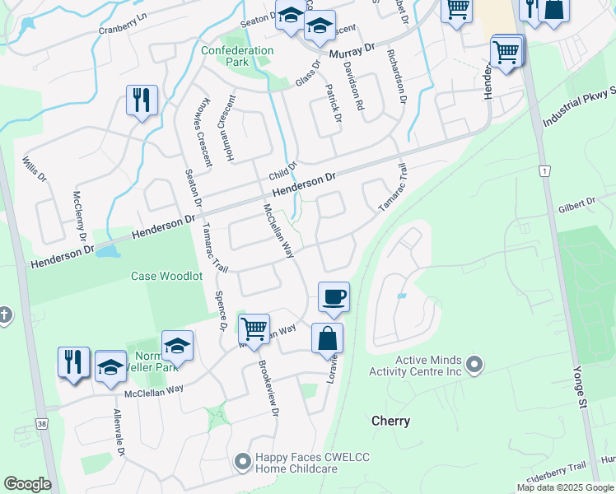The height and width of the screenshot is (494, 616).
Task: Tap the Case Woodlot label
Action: pos(166,277)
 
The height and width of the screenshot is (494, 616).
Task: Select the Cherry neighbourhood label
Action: pos(390,421)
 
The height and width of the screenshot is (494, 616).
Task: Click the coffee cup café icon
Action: pos(334,296)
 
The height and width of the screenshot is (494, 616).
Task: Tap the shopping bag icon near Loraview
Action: pos(327,338)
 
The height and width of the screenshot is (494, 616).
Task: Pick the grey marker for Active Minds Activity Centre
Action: pos(474,363)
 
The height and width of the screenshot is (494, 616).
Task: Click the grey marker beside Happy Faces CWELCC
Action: pos(242,463)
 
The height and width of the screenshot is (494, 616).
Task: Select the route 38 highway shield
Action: pos(40,423)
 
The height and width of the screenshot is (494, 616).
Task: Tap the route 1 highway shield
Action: pos(544,170)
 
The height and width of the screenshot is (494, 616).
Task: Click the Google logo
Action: pos(27,484)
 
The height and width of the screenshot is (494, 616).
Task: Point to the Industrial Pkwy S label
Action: pos(578,110)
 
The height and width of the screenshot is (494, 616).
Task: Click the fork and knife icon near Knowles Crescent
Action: pos(142,100)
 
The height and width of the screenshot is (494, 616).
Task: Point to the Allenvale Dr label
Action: pos(119,434)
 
